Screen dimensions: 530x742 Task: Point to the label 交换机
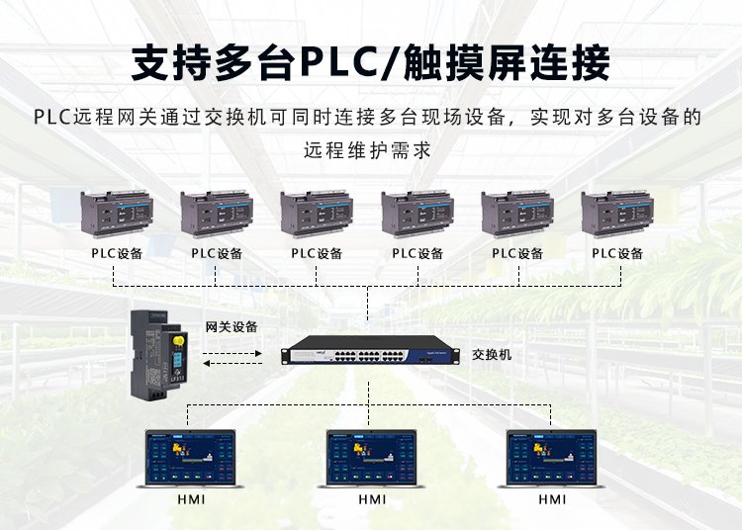492,353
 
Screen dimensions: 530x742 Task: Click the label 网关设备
231,326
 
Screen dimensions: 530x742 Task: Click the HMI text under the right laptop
552,499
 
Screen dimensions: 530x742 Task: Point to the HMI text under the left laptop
191,499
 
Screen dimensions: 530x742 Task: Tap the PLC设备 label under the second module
218,253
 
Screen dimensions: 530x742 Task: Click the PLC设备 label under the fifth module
517,253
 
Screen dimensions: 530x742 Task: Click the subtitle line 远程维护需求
370,151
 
